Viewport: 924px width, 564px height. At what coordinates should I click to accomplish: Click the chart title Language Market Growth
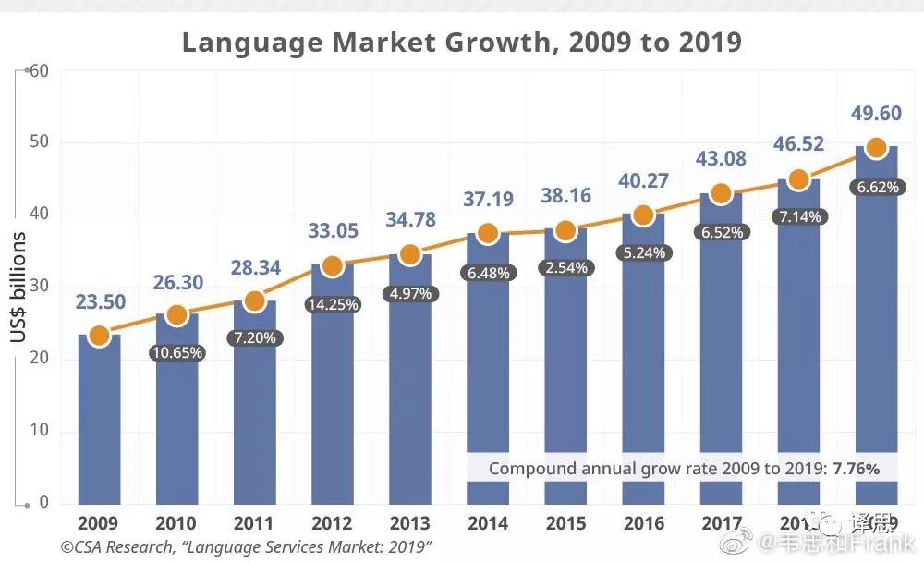[461, 43]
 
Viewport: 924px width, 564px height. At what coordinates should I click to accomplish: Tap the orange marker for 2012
[333, 266]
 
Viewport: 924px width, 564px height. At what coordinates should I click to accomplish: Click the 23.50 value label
[99, 302]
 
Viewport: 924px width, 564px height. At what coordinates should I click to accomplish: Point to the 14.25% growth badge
[333, 304]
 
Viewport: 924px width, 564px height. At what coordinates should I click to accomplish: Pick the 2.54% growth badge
[565, 267]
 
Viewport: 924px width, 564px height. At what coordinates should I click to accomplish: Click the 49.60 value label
[876, 113]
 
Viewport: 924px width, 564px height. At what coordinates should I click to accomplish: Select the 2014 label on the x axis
[488, 524]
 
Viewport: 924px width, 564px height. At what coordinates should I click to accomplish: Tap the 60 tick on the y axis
[38, 70]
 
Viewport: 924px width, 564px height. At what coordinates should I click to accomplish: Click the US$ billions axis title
[18, 288]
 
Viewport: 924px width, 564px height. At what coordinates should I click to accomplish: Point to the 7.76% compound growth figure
[856, 469]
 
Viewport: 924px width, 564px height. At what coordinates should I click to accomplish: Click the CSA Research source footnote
[247, 546]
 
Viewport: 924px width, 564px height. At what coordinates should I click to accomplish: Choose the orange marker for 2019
[876, 148]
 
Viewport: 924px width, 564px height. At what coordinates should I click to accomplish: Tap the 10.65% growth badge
[176, 353]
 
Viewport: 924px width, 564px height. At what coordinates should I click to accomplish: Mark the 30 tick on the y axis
[38, 288]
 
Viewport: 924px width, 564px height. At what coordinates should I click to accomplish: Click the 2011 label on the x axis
[254, 524]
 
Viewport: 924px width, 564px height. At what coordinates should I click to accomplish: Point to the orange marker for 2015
[565, 230]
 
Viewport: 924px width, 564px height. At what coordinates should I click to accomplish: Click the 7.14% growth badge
[798, 216]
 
